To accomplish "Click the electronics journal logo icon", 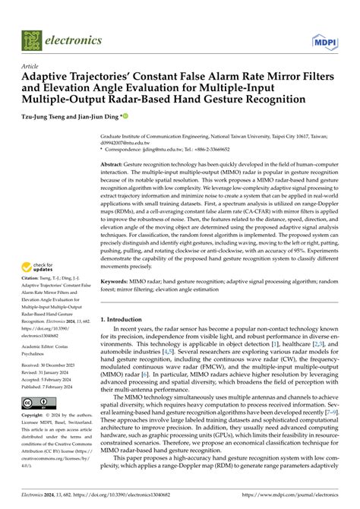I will [31, 39].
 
